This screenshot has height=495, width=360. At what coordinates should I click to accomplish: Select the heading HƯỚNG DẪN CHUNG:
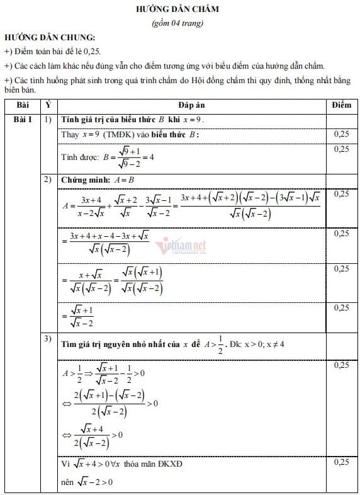point(50,38)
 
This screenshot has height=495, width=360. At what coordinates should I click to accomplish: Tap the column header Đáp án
point(191,105)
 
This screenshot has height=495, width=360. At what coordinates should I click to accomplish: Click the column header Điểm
point(341,105)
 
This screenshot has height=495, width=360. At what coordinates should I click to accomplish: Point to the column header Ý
point(48,105)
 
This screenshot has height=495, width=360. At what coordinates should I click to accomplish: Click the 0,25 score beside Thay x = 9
point(341,134)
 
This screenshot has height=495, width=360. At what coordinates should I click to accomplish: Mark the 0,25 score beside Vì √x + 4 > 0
point(341,463)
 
